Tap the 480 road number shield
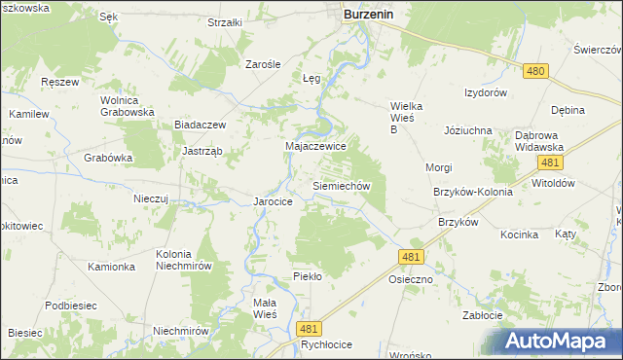[x=534, y=71]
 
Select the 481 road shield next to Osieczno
[x=410, y=256]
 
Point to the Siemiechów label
[x=340, y=184]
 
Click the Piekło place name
[x=307, y=276]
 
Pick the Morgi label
[x=438, y=167]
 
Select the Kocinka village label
[x=519, y=234]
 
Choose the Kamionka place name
[x=110, y=266]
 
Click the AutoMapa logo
[x=564, y=341]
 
